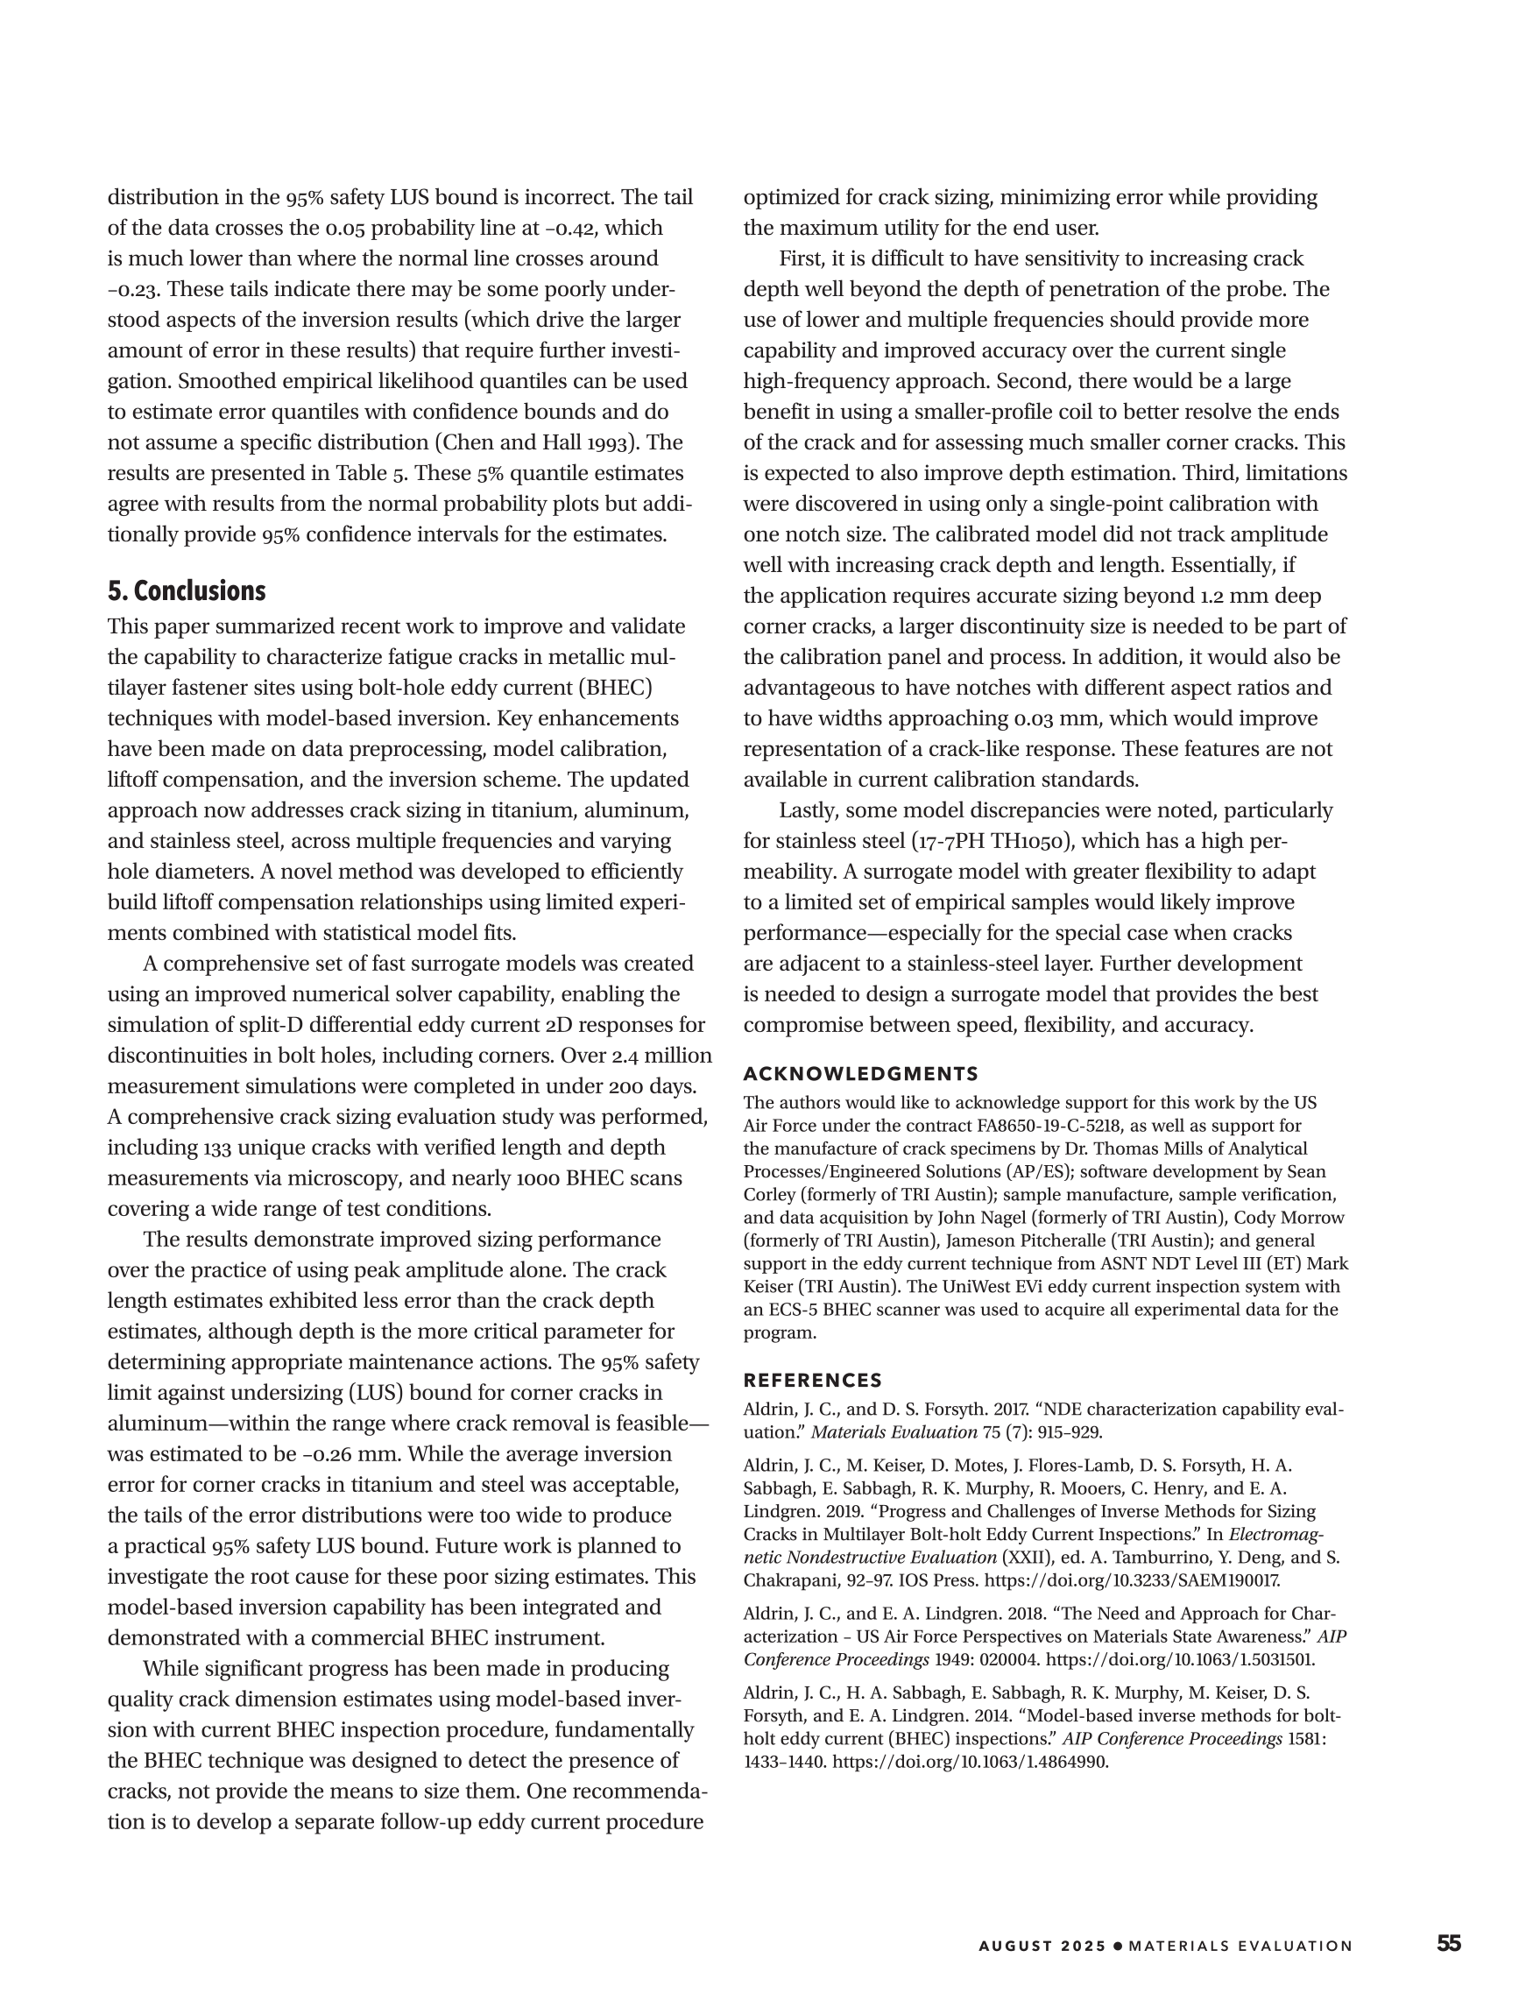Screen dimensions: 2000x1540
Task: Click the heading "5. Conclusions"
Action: click(187, 590)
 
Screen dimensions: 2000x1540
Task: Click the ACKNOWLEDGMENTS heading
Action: click(860, 1073)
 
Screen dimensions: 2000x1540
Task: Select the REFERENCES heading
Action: click(813, 1380)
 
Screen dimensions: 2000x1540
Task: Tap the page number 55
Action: click(1448, 1962)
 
